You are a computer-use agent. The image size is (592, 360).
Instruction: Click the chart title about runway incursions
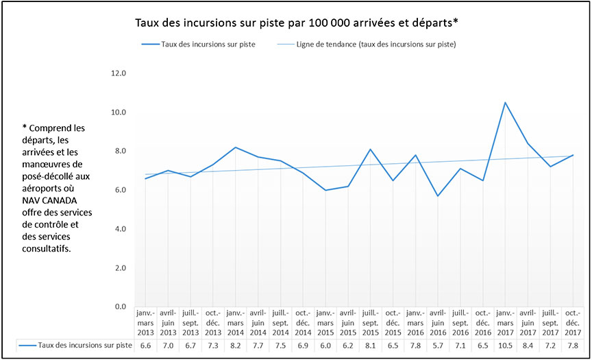point(295,22)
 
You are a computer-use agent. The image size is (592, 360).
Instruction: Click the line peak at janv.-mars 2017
point(506,103)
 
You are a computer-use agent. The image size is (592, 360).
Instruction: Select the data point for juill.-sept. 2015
point(370,149)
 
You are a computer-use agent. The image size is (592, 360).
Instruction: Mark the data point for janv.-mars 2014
point(236,147)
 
